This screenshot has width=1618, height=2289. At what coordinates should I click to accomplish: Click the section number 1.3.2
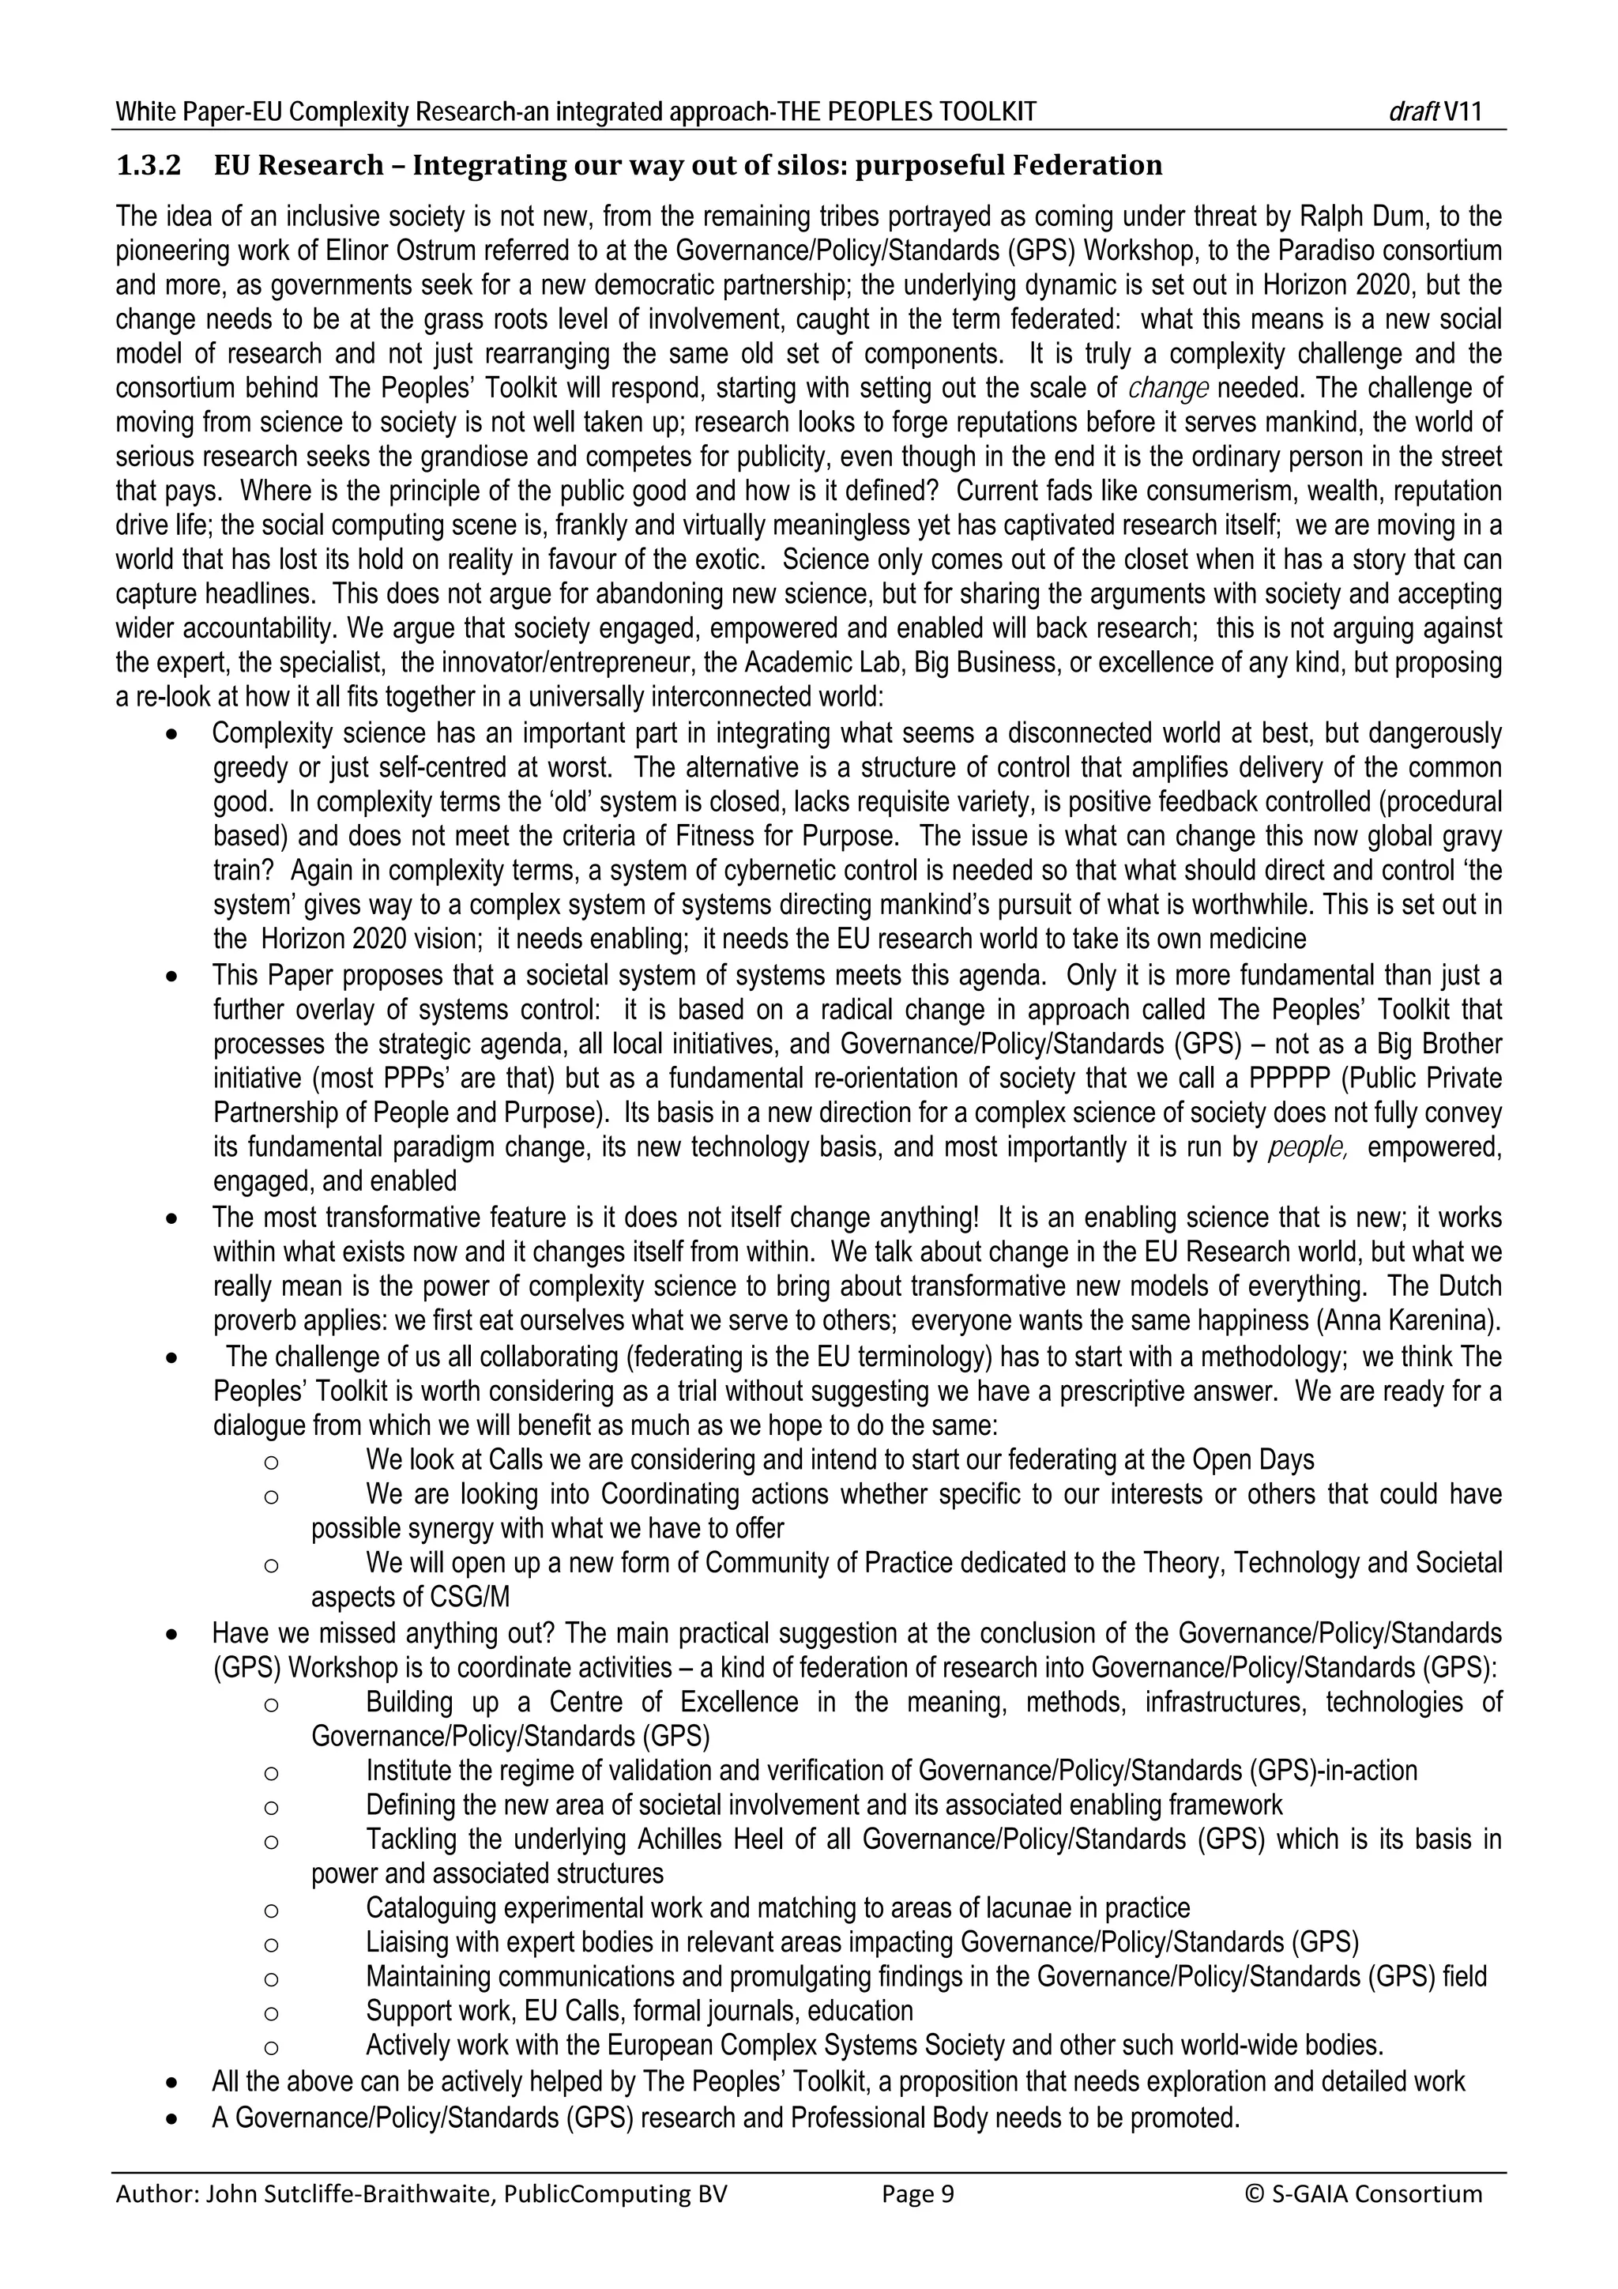coord(149,165)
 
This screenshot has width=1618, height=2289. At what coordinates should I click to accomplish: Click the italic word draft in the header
coord(1413,111)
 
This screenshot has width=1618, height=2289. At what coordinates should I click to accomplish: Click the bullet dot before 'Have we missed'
coord(174,1637)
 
